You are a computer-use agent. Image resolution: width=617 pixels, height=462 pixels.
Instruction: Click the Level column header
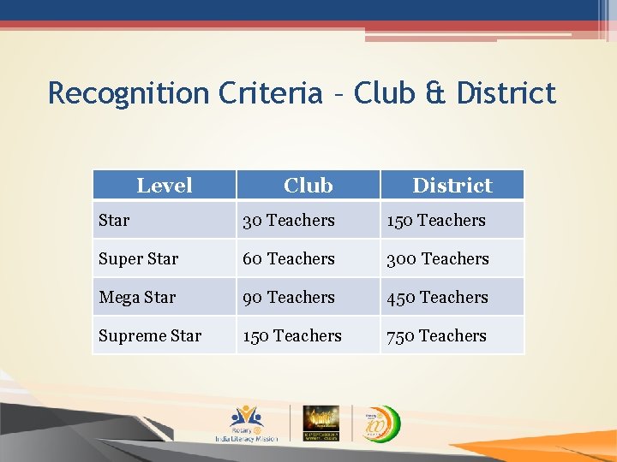pyautogui.click(x=164, y=185)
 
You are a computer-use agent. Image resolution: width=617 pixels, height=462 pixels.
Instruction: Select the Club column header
pyautogui.click(x=308, y=185)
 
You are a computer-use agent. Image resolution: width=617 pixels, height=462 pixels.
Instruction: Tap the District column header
pyautogui.click(x=452, y=185)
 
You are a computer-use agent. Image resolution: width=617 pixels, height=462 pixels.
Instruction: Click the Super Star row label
pyautogui.click(x=139, y=258)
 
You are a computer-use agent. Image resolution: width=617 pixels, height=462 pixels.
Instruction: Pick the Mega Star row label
pyautogui.click(x=137, y=297)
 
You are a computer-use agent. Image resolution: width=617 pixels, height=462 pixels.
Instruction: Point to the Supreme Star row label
pyautogui.click(x=150, y=335)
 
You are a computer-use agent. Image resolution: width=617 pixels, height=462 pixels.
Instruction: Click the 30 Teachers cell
pyautogui.click(x=289, y=220)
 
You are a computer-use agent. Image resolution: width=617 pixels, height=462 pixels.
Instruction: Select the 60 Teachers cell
pyautogui.click(x=289, y=258)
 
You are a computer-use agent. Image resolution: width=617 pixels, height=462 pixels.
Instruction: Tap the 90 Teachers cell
pyautogui.click(x=289, y=297)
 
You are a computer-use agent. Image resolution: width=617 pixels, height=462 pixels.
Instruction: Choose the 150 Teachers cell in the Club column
pyautogui.click(x=292, y=335)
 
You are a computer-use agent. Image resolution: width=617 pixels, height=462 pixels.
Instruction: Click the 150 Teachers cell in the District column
pyautogui.click(x=436, y=220)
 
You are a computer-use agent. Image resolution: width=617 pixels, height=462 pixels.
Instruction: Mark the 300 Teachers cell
pyautogui.click(x=438, y=258)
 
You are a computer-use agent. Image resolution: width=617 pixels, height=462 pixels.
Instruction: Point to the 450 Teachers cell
pyautogui.click(x=437, y=297)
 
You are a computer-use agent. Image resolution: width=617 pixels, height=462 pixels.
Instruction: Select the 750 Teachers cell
pyautogui.click(x=436, y=335)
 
